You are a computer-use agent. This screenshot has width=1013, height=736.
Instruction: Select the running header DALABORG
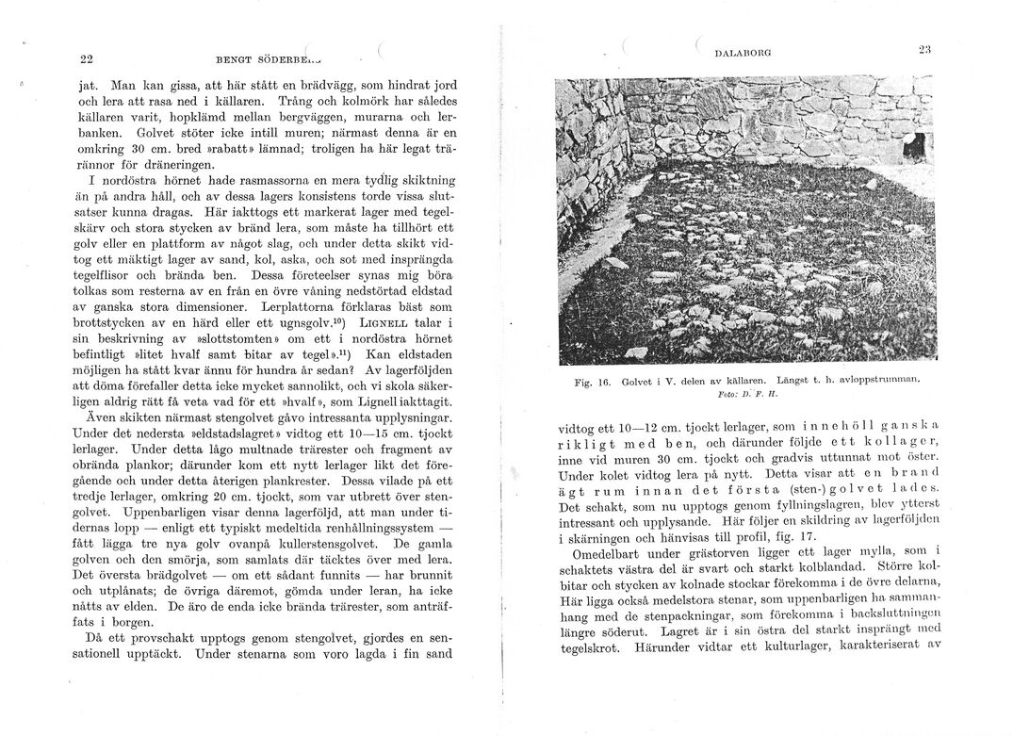pyautogui.click(x=743, y=55)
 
